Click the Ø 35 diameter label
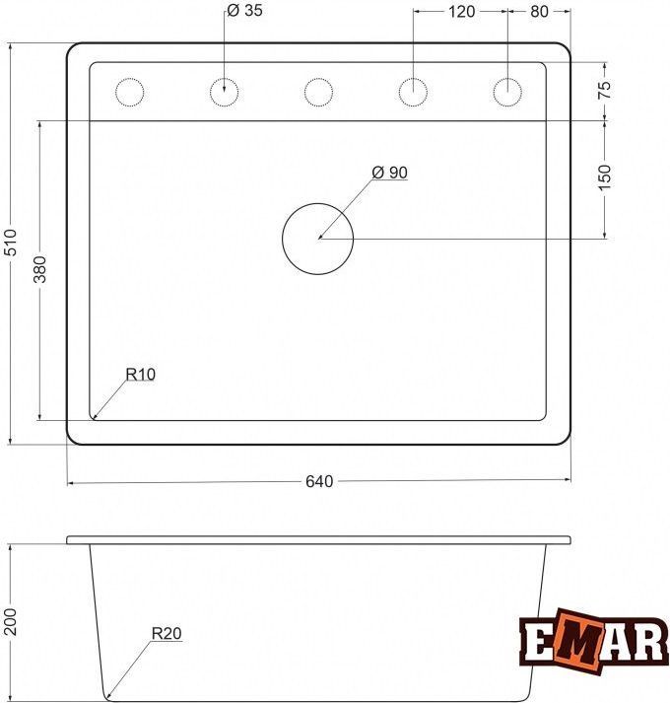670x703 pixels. coord(244,10)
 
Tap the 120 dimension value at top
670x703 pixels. coord(461,12)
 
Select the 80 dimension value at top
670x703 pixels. coord(539,12)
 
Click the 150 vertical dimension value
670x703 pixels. coord(604,177)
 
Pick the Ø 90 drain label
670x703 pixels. coord(389,173)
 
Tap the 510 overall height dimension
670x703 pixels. coord(10,243)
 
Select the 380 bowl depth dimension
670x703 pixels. coord(40,269)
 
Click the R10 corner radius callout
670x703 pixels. coord(140,374)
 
